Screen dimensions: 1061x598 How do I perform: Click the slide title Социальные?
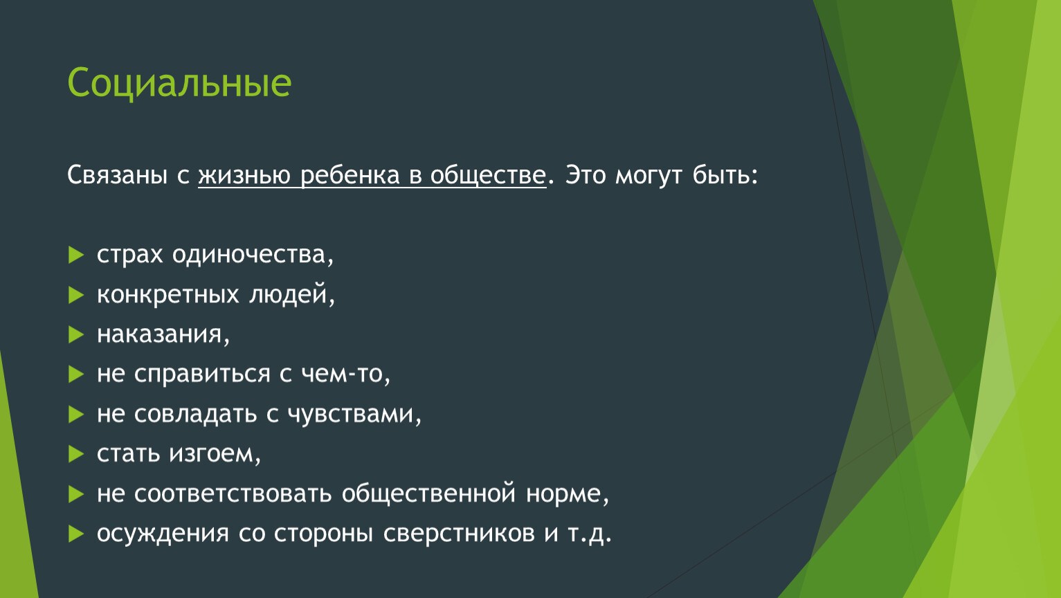pyautogui.click(x=179, y=82)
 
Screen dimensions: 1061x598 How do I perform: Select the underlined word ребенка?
pyautogui.click(x=350, y=175)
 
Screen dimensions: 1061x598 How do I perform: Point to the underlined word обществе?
pyautogui.click(x=488, y=175)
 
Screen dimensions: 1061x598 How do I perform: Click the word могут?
pyautogui.click(x=649, y=176)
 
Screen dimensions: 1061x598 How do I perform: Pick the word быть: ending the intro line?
pyautogui.click(x=725, y=175)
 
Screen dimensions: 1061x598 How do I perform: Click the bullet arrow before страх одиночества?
pyautogui.click(x=76, y=255)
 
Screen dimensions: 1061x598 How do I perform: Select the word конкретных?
pyautogui.click(x=168, y=295)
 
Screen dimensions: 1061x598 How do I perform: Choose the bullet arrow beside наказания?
pyautogui.click(x=76, y=334)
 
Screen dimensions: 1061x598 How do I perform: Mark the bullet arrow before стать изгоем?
pyautogui.click(x=76, y=454)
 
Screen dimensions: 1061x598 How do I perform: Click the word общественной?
pyautogui.click(x=428, y=493)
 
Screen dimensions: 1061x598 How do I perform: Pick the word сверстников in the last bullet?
pyautogui.click(x=459, y=534)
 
